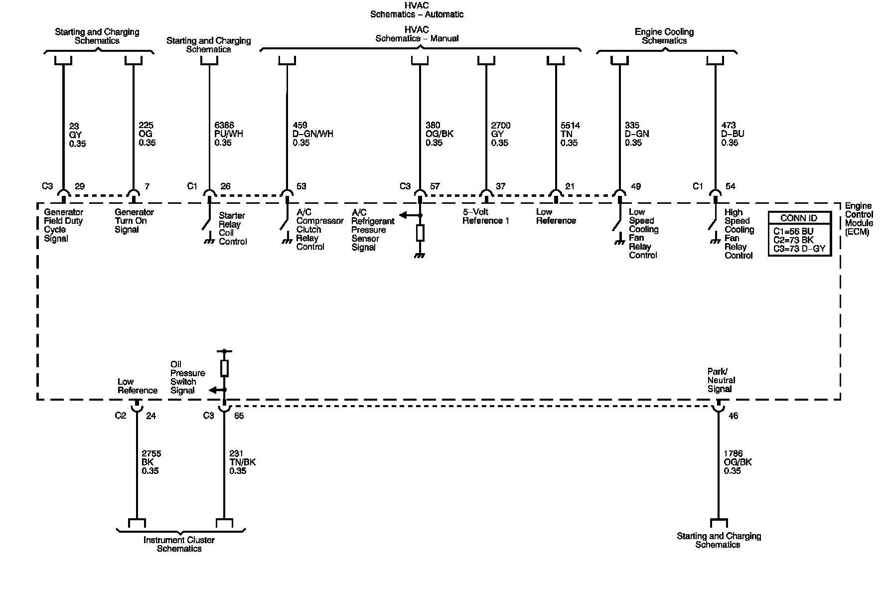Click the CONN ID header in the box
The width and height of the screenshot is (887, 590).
click(799, 218)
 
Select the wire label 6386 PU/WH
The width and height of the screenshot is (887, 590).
click(229, 134)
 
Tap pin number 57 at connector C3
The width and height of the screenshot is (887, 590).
click(435, 186)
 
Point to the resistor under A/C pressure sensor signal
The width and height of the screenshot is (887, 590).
click(420, 233)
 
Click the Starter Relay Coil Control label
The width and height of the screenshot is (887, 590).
click(233, 229)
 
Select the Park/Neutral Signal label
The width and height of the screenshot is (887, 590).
click(721, 380)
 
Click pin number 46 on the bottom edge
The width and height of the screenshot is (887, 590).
click(733, 416)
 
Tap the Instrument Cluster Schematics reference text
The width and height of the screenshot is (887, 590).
click(179, 544)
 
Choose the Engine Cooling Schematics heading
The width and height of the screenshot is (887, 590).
click(664, 36)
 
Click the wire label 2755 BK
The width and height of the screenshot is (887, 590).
click(151, 462)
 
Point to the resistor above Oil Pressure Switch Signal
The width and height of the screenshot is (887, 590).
click(224, 368)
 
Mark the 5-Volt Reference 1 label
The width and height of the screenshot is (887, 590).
click(485, 216)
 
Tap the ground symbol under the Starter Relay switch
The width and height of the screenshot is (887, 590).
click(209, 241)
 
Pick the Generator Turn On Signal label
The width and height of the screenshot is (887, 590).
click(134, 221)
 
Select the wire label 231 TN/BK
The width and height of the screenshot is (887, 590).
click(242, 462)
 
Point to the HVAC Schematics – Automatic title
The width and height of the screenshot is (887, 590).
click(417, 9)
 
